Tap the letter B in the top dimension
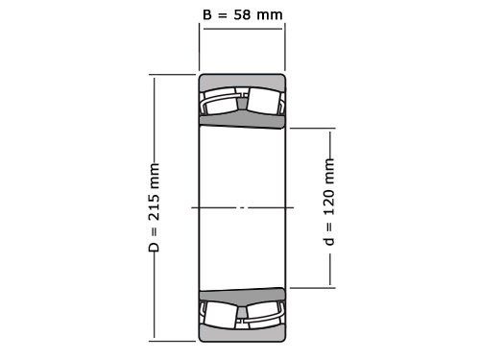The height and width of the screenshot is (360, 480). coord(209,15)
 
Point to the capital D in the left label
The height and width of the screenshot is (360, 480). coord(155,247)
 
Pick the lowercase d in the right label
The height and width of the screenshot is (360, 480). coord(330,240)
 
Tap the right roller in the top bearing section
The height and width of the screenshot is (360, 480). coord(262,100)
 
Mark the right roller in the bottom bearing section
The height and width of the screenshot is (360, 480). coord(262,314)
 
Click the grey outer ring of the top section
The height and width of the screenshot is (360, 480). coord(242,81)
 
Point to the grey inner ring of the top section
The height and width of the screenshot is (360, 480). coord(242,119)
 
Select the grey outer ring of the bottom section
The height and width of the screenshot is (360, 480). coord(242,332)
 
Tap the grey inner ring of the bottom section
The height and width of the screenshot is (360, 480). coord(242,295)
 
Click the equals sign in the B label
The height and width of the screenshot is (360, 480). coord(224,15)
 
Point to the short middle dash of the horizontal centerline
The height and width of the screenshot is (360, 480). coord(242,206)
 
